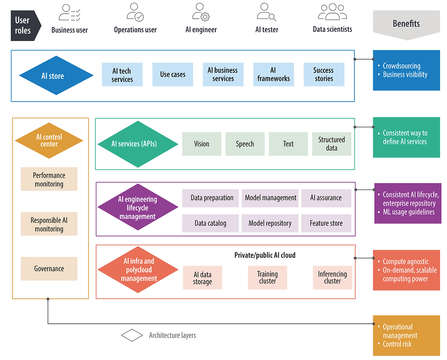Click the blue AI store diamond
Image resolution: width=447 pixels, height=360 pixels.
pos(52,76)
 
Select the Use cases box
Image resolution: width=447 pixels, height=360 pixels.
pos(172,74)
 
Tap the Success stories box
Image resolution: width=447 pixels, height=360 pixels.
pos(323,74)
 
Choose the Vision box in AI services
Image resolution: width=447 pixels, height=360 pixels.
pos(202,144)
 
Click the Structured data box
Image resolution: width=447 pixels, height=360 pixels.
pos(332,144)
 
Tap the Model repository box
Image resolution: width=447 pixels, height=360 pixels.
pos(270,223)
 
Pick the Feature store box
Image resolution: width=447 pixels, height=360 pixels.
pos(326,223)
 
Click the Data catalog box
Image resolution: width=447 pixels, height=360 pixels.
pos(210,223)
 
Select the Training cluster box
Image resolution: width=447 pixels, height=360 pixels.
pos(267,278)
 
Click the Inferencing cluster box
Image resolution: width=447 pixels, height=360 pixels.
pos(332,278)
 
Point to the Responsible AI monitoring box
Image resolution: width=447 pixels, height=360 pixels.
pos(49,224)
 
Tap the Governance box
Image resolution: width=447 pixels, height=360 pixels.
pos(49,269)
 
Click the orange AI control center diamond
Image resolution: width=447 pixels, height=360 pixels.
pos(49,140)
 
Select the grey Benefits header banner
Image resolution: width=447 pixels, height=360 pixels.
pos(406,23)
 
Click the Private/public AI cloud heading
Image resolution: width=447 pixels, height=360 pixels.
pos(265,255)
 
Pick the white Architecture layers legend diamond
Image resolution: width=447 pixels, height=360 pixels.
pos(132,335)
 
